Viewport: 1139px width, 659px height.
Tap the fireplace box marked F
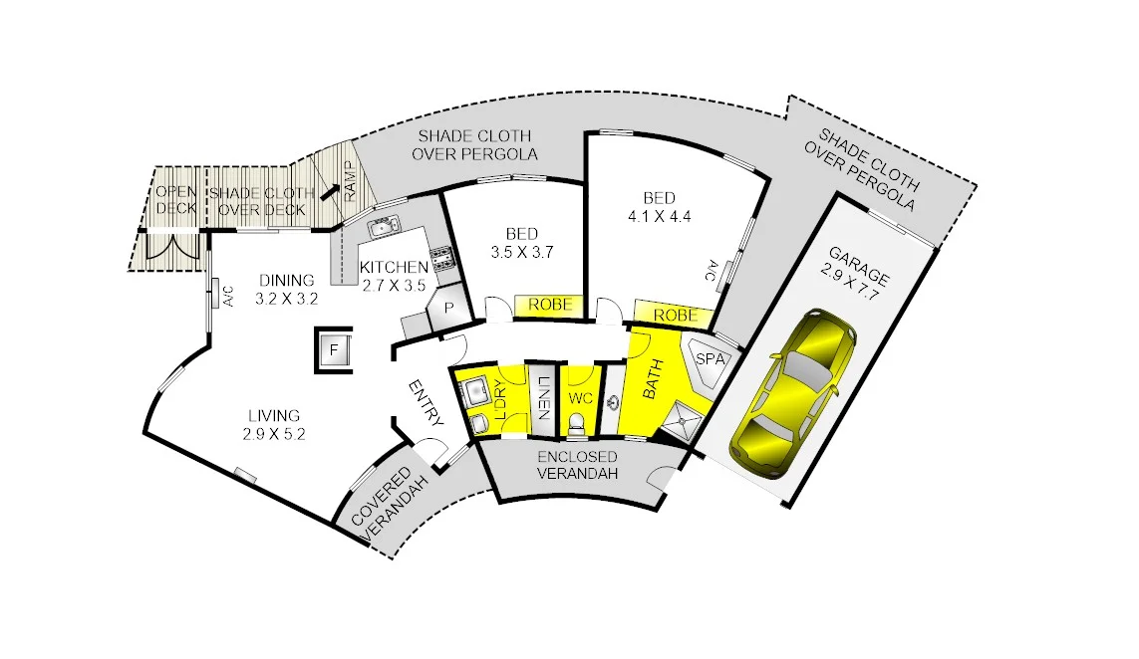click(335, 350)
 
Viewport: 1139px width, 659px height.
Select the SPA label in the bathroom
click(709, 358)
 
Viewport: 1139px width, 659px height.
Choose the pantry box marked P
click(448, 310)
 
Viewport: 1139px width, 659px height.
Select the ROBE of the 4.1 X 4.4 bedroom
click(675, 316)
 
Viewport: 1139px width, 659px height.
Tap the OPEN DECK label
click(176, 200)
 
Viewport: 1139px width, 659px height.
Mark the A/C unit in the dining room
click(214, 296)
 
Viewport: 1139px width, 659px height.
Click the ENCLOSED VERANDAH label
click(578, 465)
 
